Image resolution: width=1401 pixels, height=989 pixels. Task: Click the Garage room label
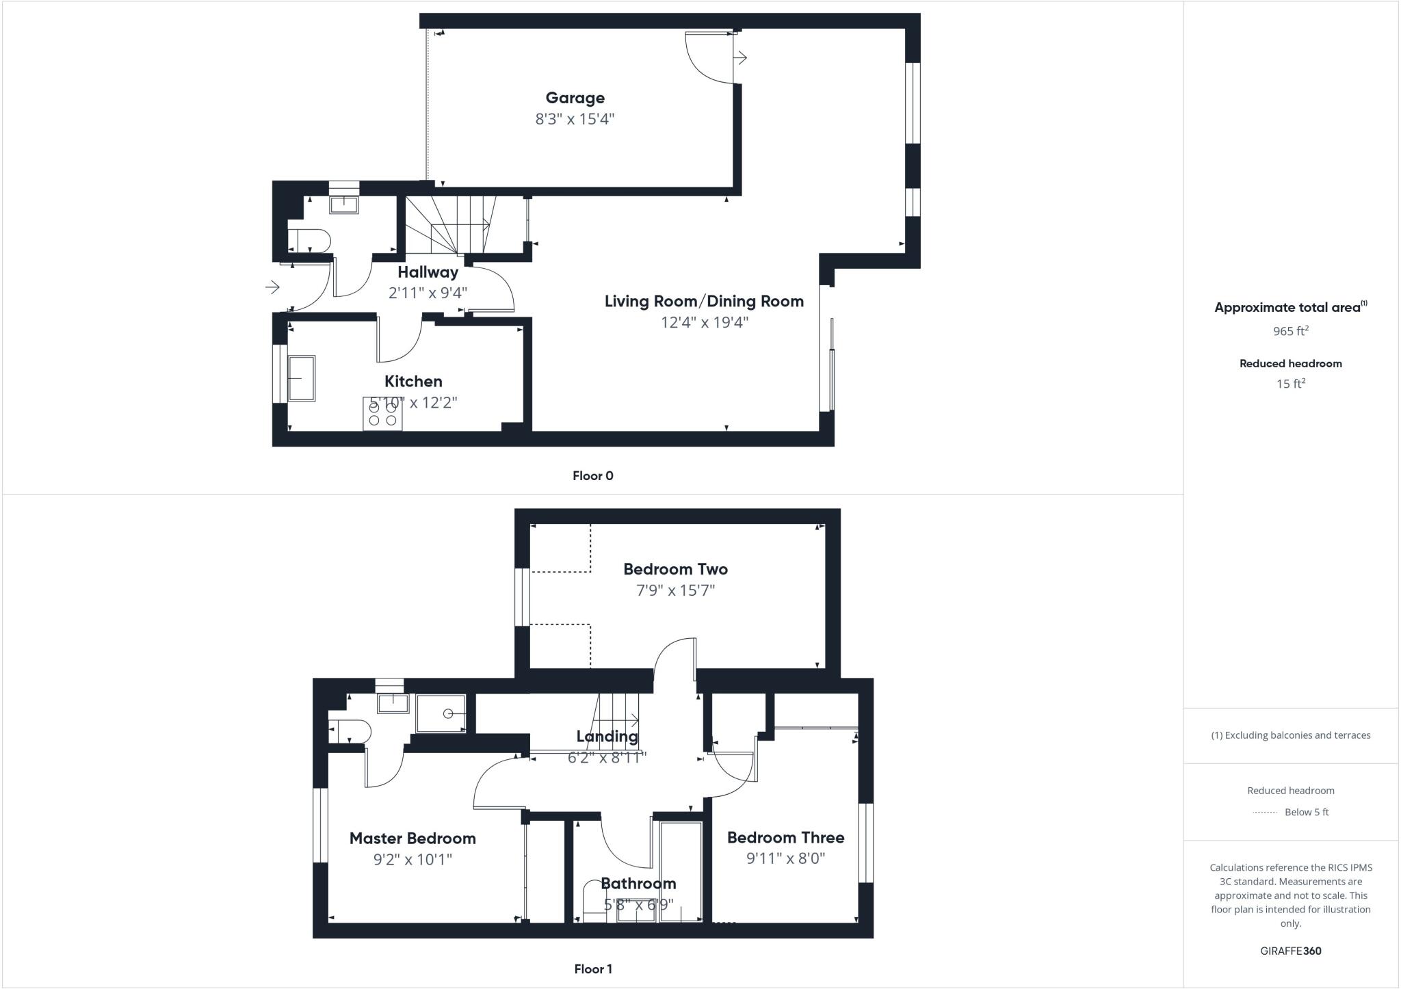click(x=575, y=98)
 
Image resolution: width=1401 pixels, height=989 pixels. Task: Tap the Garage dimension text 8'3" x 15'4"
click(x=575, y=119)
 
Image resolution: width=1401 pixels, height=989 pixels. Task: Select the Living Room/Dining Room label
click(x=704, y=302)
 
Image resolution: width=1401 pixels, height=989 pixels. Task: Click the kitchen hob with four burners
click(x=382, y=413)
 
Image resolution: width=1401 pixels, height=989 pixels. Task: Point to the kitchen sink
click(x=301, y=378)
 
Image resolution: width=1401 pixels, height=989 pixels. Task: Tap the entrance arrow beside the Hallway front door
click(x=272, y=287)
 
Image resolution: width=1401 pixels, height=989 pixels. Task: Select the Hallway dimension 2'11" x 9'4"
click(x=428, y=293)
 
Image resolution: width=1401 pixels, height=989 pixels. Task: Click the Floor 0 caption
click(x=592, y=476)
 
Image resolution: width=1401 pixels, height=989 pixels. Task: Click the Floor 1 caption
click(x=592, y=969)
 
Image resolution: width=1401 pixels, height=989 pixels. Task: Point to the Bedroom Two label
click(x=675, y=569)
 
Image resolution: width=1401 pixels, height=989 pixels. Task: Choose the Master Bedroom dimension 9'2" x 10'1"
click(x=413, y=859)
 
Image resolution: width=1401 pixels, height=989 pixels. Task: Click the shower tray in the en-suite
click(x=441, y=714)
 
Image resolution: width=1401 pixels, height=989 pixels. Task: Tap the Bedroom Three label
click(x=785, y=838)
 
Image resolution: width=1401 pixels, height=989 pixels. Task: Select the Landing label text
click(x=607, y=737)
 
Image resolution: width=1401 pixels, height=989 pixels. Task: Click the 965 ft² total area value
click(x=1290, y=331)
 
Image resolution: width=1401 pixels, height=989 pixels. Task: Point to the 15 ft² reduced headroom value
click(x=1290, y=384)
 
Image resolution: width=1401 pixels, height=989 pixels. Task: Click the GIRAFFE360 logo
click(x=1290, y=951)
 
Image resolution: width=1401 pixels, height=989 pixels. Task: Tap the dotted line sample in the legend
click(x=1265, y=813)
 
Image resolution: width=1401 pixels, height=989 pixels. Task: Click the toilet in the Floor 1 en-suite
click(x=350, y=732)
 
